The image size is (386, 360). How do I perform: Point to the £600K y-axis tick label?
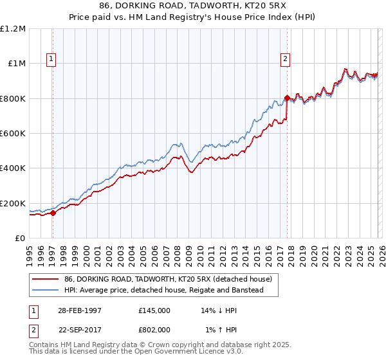point(13,134)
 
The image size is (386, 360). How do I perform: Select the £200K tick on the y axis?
point(13,203)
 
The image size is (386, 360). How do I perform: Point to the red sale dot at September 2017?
point(287,98)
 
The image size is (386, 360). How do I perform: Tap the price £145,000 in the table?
point(154,310)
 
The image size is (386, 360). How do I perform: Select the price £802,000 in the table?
point(154,329)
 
